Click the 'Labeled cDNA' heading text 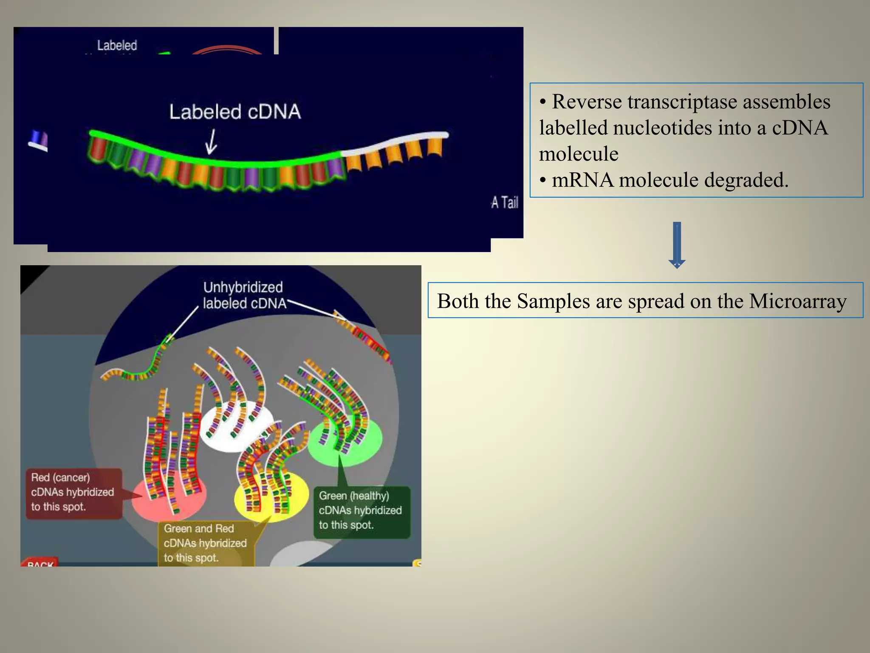pos(235,112)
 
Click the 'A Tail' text pos(505,202)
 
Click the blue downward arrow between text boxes pos(677,245)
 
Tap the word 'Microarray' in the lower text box pos(798,301)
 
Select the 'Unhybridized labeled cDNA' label pos(243,295)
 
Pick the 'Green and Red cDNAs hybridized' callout pos(206,543)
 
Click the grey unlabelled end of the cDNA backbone pos(395,141)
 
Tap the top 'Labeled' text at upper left pos(117,45)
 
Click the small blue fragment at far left pos(39,141)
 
